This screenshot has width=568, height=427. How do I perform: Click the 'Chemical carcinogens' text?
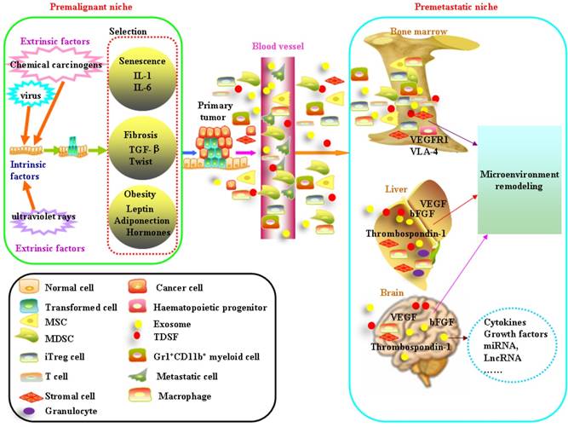pyautogui.click(x=55, y=65)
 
